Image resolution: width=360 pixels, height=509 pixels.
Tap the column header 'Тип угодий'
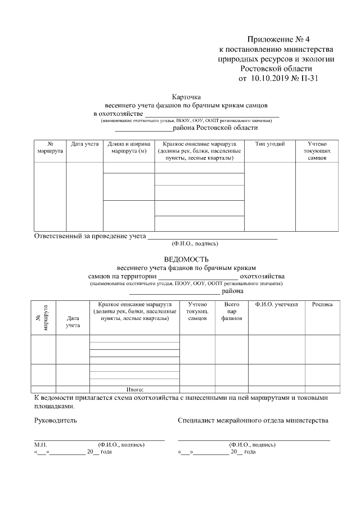pyautogui.click(x=269, y=145)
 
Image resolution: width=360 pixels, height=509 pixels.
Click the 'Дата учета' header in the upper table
pyautogui.click(x=84, y=145)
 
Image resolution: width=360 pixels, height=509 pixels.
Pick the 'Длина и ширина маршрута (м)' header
pyautogui.click(x=129, y=148)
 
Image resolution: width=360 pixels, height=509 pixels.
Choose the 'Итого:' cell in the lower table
pyautogui.click(x=135, y=389)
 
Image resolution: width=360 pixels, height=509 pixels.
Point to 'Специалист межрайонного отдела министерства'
pyautogui.click(x=253, y=420)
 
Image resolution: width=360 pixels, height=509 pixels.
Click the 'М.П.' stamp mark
pyautogui.click(x=40, y=444)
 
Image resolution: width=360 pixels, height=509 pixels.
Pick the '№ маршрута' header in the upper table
pyautogui.click(x=50, y=148)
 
